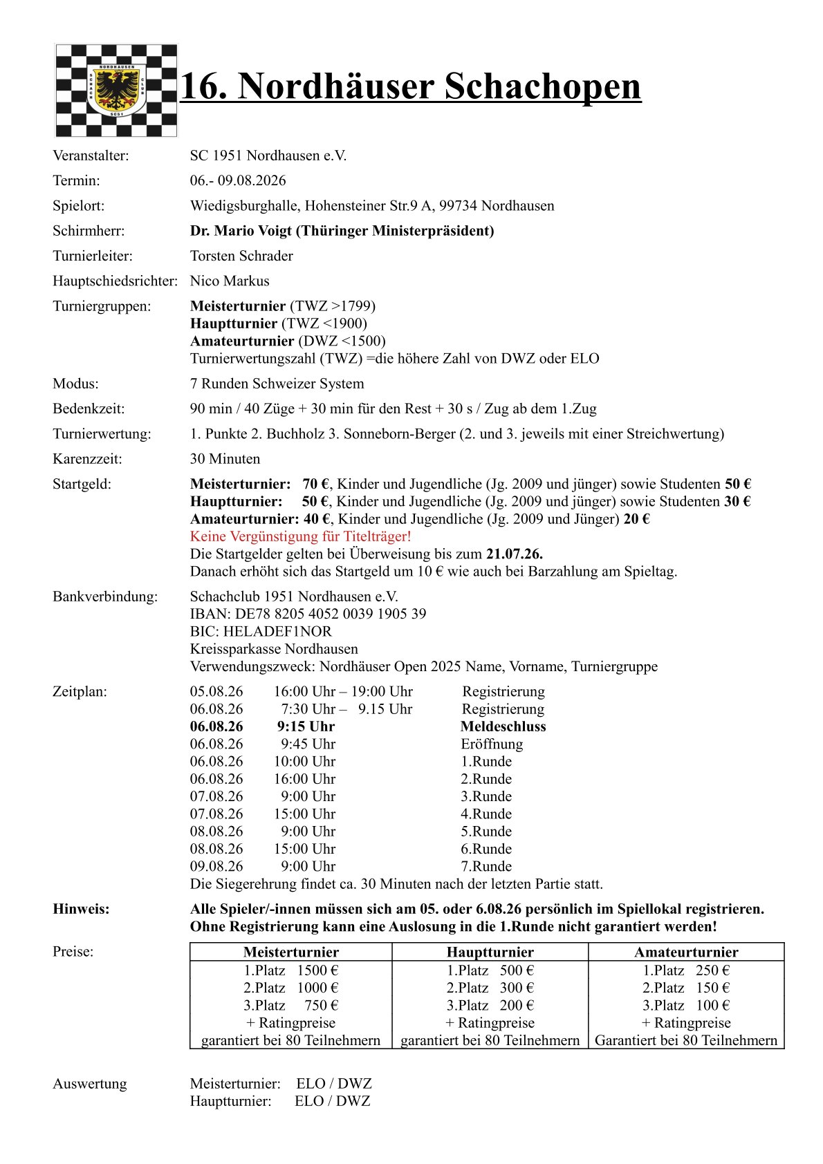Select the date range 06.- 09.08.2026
(238, 180)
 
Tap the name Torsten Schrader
(241, 256)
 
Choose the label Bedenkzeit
(89, 409)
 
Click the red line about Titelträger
(300, 536)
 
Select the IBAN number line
(308, 614)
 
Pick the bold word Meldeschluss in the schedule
(503, 726)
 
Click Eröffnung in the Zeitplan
(492, 744)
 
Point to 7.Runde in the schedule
(486, 866)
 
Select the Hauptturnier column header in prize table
(490, 952)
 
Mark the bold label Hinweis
(81, 909)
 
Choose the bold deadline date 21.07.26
(514, 554)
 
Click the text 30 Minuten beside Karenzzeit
(225, 459)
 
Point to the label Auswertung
(89, 1083)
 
